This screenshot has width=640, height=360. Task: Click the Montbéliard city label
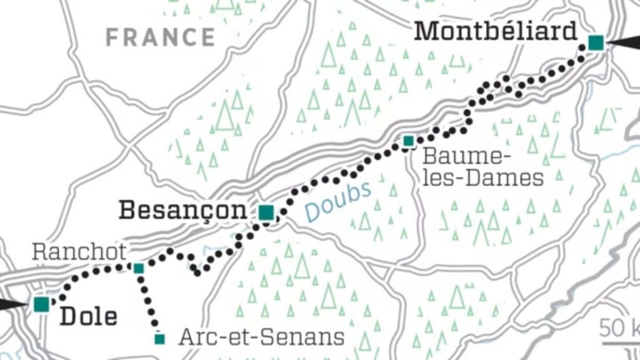click(495, 31)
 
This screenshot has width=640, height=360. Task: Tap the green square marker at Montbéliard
click(596, 42)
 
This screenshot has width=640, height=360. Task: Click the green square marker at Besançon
click(266, 213)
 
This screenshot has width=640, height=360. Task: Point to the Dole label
click(88, 316)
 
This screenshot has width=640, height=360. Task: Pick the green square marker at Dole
click(42, 304)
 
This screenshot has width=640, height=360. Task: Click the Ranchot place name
click(79, 252)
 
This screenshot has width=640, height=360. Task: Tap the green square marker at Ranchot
click(139, 268)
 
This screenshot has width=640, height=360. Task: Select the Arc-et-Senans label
click(261, 337)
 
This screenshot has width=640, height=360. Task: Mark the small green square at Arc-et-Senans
click(160, 339)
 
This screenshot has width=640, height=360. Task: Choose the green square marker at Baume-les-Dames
click(408, 141)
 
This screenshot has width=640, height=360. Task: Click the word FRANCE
click(161, 37)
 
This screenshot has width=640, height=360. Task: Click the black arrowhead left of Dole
click(12, 304)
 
